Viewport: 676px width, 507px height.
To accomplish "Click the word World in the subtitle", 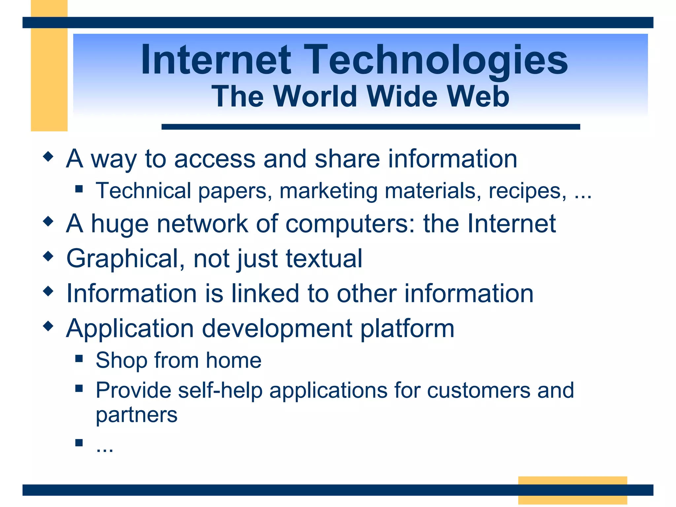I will pyautogui.click(x=315, y=96).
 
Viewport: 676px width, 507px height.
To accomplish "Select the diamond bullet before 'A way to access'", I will pyautogui.click(x=48, y=156).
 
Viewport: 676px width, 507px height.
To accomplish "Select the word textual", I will pyautogui.click(x=324, y=258).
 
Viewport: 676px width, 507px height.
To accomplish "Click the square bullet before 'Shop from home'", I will pyautogui.click(x=79, y=358).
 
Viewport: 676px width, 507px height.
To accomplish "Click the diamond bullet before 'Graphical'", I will pyautogui.click(x=48, y=256).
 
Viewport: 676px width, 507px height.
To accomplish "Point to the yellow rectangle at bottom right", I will pyautogui.click(x=572, y=481).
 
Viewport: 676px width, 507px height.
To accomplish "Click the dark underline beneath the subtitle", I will pyautogui.click(x=370, y=127).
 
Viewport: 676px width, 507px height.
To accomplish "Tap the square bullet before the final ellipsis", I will pyautogui.click(x=79, y=443).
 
